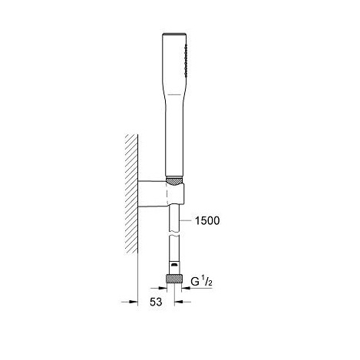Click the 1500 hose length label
coord(207,220)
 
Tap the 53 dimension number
coord(156,302)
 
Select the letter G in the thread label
coord(195,282)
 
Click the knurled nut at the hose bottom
coord(174,279)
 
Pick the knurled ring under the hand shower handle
coord(174,181)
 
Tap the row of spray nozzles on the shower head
coord(186,61)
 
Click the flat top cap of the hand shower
coord(174,34)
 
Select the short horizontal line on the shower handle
coord(174,94)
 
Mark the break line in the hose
coord(174,235)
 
